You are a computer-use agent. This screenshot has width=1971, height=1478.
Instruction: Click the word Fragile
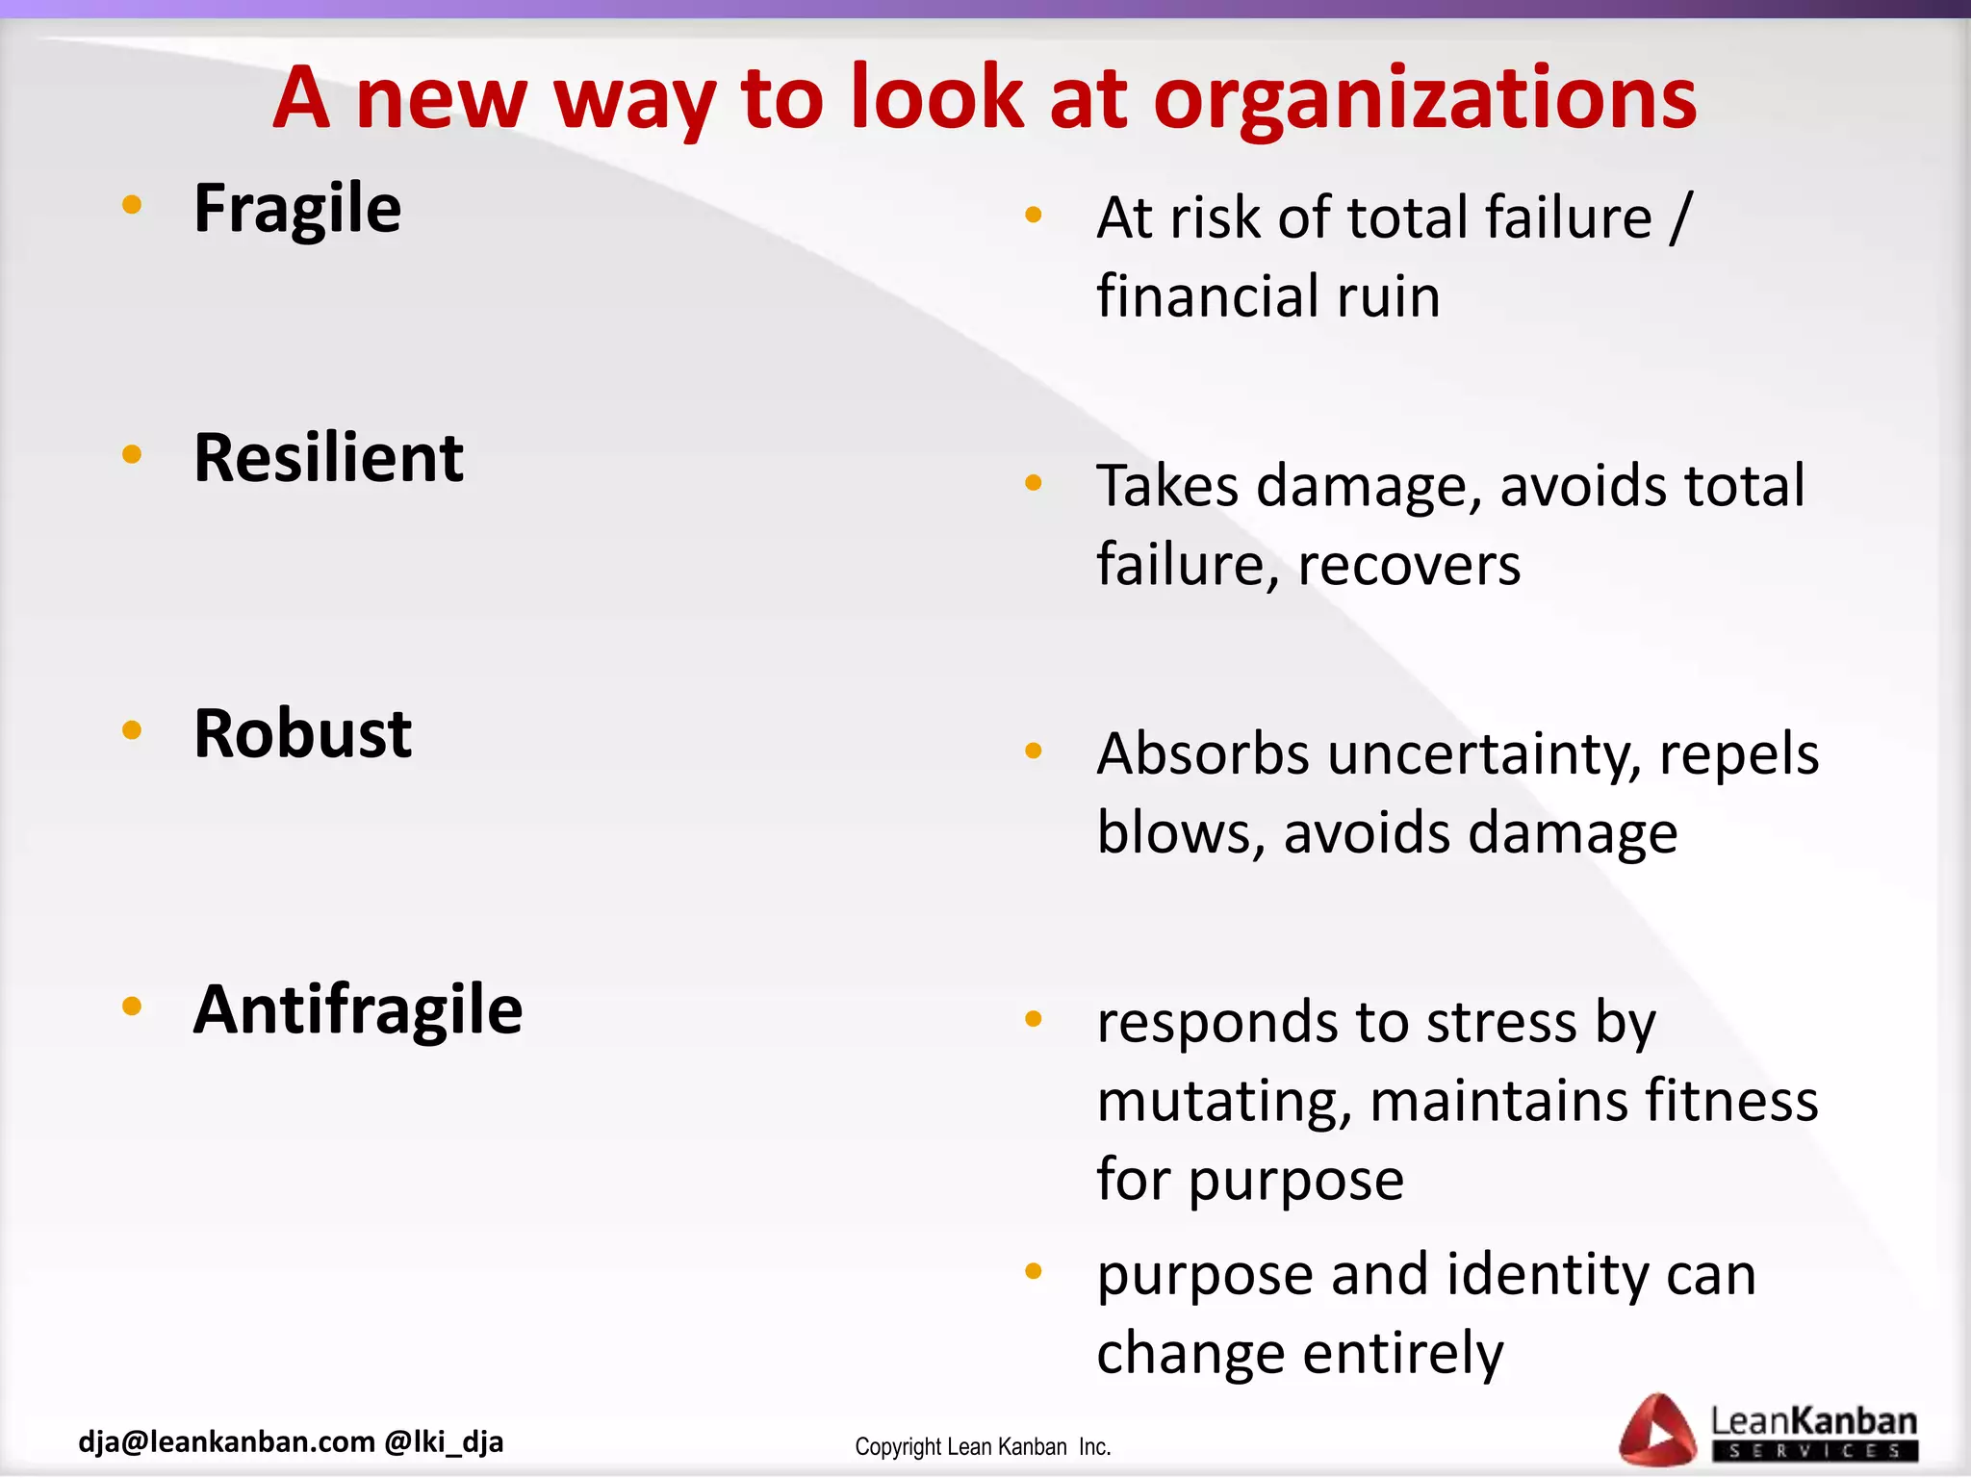click(297, 209)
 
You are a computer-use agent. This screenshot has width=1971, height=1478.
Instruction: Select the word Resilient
click(328, 458)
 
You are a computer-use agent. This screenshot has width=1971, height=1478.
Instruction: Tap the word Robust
click(302, 734)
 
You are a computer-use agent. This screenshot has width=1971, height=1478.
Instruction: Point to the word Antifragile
click(358, 1010)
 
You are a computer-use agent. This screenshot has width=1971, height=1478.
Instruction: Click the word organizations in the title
click(1424, 99)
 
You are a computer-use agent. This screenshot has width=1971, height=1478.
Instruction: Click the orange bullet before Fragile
click(132, 204)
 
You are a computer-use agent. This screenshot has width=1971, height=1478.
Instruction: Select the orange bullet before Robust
click(132, 730)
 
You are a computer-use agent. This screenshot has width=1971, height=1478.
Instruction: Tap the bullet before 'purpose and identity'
click(1034, 1271)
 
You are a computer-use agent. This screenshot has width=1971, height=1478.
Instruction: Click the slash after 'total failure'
click(1679, 217)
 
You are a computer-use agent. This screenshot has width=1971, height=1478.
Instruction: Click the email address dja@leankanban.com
click(226, 1441)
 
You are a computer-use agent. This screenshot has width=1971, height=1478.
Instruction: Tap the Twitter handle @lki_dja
click(444, 1441)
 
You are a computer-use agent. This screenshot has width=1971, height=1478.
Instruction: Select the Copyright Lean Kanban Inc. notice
click(983, 1447)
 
